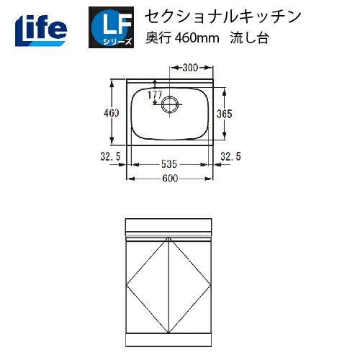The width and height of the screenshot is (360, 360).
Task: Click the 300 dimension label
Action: pos(190,68)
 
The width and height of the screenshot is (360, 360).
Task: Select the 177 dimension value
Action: pos(154,94)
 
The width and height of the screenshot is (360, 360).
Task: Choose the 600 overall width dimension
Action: pos(171,179)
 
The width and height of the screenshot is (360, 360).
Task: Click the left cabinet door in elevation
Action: pos(148,284)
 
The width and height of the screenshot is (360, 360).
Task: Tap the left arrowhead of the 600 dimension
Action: pos(130,179)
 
